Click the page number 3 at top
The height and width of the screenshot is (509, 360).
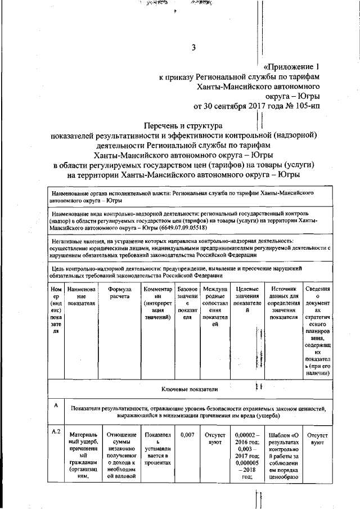pyautogui.click(x=193, y=48)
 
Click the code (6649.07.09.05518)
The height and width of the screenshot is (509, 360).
pyautogui.click(x=179, y=228)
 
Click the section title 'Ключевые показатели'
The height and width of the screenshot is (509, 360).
pyautogui.click(x=188, y=389)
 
